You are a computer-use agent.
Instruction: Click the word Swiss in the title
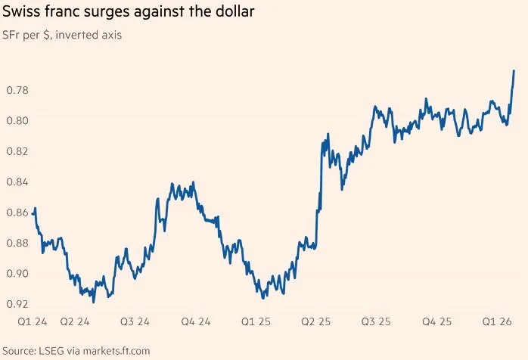pyautogui.click(x=23, y=12)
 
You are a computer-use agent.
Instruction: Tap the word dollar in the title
pyautogui.click(x=234, y=12)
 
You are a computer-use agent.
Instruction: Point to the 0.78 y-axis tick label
pyautogui.click(x=17, y=90)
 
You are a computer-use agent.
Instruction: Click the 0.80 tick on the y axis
pyautogui.click(x=17, y=120)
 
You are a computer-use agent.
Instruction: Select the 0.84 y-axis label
pyautogui.click(x=17, y=182)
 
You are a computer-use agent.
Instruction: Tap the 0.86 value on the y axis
pyautogui.click(x=17, y=213)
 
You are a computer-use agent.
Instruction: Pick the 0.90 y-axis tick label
pyautogui.click(x=17, y=274)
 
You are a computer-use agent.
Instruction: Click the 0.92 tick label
pyautogui.click(x=17, y=304)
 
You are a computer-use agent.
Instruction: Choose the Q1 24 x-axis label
pyautogui.click(x=33, y=322)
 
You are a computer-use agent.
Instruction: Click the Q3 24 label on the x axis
pyautogui.click(x=135, y=322)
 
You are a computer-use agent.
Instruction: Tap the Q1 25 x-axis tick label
pyautogui.click(x=256, y=322)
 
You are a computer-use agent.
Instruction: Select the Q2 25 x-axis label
pyautogui.click(x=316, y=322)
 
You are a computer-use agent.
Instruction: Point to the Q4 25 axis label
pyautogui.click(x=436, y=322)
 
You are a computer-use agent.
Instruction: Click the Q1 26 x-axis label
pyautogui.click(x=497, y=322)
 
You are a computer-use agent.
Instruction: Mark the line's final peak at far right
pyautogui.click(x=514, y=71)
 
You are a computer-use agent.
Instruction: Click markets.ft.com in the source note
pyautogui.click(x=116, y=351)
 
